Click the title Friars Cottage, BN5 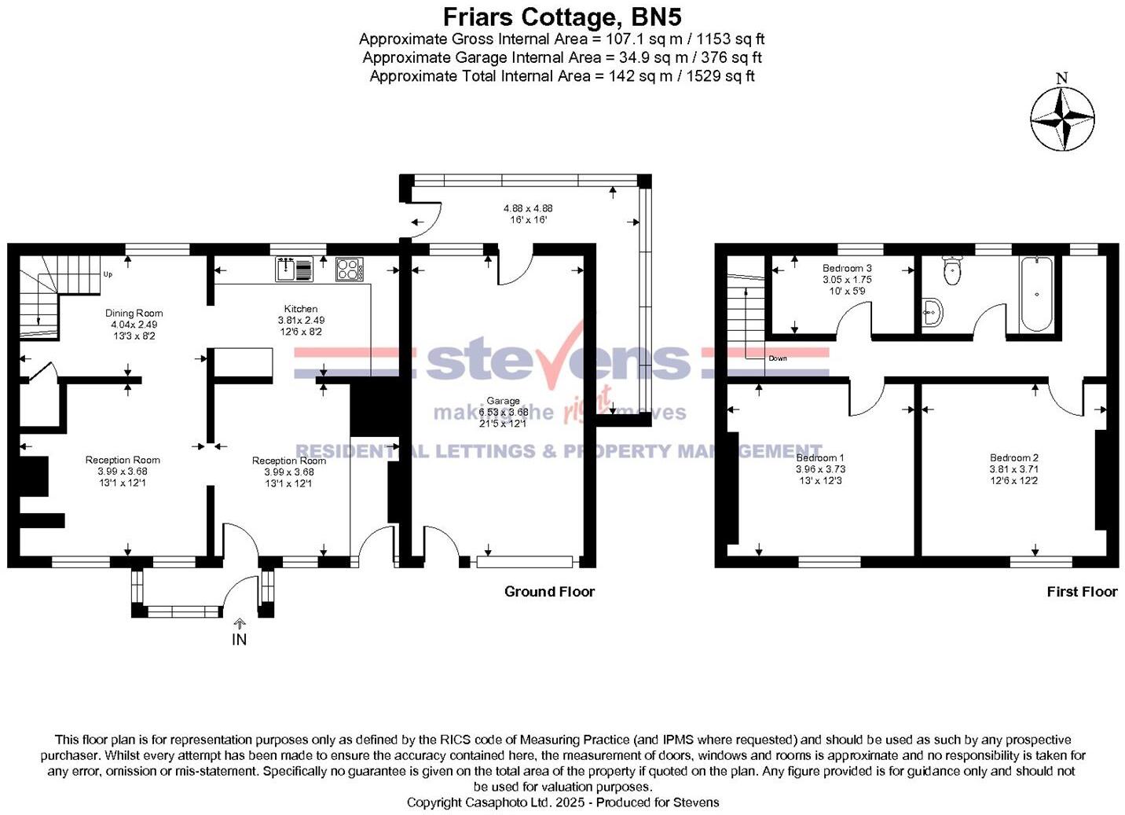tap(562, 17)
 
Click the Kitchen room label tap(301, 309)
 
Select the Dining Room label tap(134, 313)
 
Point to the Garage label tap(503, 401)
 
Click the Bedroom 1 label tap(820, 457)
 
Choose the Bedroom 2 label tap(1014, 457)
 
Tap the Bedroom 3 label tap(847, 268)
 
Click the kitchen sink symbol tap(294, 270)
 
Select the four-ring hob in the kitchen tap(349, 270)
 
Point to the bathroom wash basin tap(932, 312)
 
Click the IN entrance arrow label tap(239, 640)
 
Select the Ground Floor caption tap(549, 592)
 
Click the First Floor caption tap(1082, 592)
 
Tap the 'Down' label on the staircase tap(777, 358)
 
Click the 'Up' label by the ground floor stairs tap(108, 274)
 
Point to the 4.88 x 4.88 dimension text tap(528, 208)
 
